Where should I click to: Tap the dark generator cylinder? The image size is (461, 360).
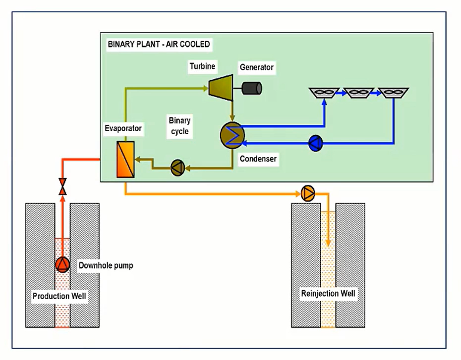click(x=252, y=88)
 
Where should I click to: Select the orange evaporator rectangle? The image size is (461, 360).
click(x=125, y=159)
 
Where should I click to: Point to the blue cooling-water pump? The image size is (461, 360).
click(x=315, y=143)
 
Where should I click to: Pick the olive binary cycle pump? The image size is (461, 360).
click(x=177, y=168)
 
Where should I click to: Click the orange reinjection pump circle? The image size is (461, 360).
click(x=308, y=193)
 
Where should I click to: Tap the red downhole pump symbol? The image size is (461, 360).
click(x=62, y=265)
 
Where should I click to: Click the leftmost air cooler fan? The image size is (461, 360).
click(x=324, y=92)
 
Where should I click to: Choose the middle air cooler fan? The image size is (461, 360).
click(x=358, y=92)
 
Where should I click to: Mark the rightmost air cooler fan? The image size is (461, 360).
click(x=393, y=92)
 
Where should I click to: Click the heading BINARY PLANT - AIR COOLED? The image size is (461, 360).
click(x=159, y=45)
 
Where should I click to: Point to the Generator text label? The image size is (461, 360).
click(x=256, y=67)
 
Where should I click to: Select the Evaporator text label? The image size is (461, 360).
click(x=123, y=129)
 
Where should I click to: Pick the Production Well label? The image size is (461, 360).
click(x=59, y=297)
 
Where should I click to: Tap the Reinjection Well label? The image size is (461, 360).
click(x=328, y=294)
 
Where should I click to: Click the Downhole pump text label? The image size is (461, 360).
click(x=106, y=266)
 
